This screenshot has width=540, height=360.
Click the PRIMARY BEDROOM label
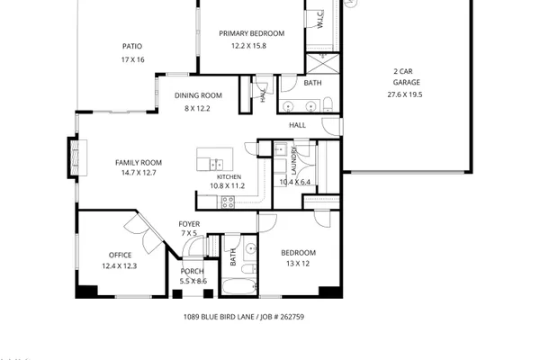coord(252,33)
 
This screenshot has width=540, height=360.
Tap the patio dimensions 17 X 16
coord(132,59)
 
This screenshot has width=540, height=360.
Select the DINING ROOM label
coord(198,95)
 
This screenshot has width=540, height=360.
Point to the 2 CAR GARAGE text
coord(406,76)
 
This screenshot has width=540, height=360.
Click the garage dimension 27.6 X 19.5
coord(405,94)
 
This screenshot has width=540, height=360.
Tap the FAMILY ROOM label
coord(139,163)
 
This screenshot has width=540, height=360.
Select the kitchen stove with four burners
coord(228,202)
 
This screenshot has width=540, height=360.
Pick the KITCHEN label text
coord(229,177)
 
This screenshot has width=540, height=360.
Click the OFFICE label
coord(121,255)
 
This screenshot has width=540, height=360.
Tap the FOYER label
coord(189,224)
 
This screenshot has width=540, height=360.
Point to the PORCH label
coord(193,271)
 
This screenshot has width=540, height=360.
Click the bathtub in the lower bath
coord(239,286)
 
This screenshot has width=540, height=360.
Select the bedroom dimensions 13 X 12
coord(298,264)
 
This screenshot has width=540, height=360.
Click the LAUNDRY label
coord(293,160)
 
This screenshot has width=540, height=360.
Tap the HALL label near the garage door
coord(297,125)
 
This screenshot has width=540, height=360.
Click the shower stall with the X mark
coord(323,64)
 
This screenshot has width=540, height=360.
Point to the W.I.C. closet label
coord(319,19)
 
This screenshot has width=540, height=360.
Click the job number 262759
coord(292,317)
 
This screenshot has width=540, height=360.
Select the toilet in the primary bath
coord(328,104)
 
